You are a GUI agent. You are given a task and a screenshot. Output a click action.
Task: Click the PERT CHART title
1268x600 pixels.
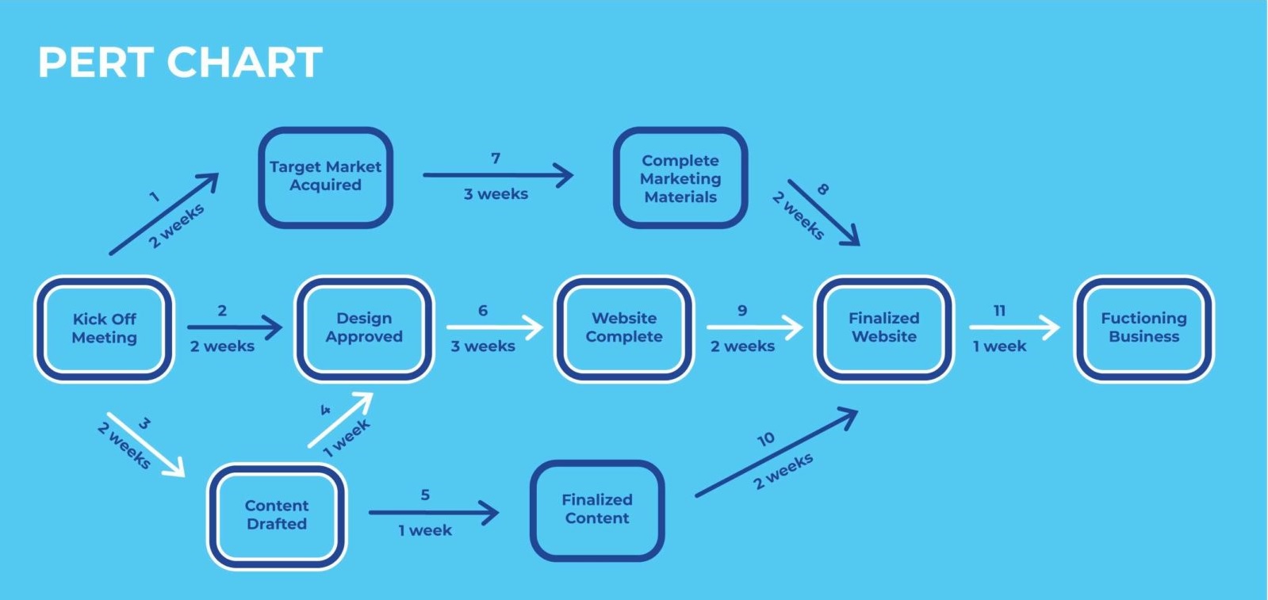pyautogui.click(x=180, y=62)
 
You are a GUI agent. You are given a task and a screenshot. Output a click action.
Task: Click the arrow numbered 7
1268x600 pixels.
pyautogui.click(x=498, y=175)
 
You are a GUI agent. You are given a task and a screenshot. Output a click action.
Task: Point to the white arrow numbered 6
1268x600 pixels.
pyautogui.click(x=495, y=327)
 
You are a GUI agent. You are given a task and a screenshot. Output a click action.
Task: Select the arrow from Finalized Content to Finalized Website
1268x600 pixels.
pyautogui.click(x=776, y=453)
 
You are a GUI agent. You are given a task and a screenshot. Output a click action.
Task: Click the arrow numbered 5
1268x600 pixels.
pyautogui.click(x=434, y=512)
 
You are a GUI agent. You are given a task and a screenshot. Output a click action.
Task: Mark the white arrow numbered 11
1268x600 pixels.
pyautogui.click(x=1014, y=327)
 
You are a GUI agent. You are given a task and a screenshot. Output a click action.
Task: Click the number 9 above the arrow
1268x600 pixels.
pyautogui.click(x=742, y=310)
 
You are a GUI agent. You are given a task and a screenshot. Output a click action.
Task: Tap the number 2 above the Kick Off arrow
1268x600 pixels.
pyautogui.click(x=222, y=310)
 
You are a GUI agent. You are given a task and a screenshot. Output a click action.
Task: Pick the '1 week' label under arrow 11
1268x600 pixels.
pyautogui.click(x=999, y=346)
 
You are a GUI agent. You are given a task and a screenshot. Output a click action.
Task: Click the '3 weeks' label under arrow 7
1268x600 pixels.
pyautogui.click(x=496, y=194)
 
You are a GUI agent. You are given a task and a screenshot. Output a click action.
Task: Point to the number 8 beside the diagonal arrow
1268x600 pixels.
pyautogui.click(x=823, y=189)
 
